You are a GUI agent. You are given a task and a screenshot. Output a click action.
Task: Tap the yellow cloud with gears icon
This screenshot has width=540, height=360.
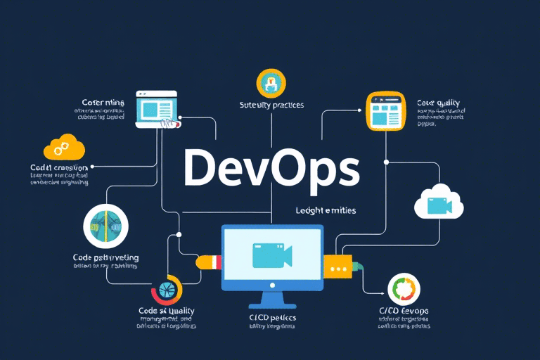tap(64, 146)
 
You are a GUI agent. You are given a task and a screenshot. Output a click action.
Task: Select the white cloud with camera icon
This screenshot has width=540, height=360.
tap(438, 202)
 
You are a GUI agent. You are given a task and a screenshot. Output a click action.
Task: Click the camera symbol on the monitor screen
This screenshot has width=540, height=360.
tap(271, 257)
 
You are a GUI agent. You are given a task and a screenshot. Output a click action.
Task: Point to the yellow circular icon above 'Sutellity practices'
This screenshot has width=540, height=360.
tap(271, 83)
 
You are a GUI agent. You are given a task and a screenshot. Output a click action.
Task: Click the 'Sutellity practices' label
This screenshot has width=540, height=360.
tap(272, 105)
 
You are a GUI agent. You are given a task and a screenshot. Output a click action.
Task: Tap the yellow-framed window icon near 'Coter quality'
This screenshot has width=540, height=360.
tap(386, 112)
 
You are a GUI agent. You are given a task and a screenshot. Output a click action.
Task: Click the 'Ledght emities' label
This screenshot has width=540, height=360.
tap(326, 210)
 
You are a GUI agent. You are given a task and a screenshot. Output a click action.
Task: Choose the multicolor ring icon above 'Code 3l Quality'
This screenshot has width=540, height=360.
tap(167, 290)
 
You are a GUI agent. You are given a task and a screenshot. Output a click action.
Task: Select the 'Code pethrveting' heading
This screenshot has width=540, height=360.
tap(105, 258)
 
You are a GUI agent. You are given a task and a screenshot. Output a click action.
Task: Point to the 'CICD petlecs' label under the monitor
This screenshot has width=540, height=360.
tap(272, 318)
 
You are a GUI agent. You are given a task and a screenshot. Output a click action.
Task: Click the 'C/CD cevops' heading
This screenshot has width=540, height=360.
tap(403, 311)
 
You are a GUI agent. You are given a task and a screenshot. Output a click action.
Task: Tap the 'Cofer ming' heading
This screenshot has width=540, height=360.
tap(103, 102)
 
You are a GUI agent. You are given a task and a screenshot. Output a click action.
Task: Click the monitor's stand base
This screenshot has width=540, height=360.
tap(272, 304)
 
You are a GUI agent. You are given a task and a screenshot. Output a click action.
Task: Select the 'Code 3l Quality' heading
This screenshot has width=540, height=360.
tap(166, 311)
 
